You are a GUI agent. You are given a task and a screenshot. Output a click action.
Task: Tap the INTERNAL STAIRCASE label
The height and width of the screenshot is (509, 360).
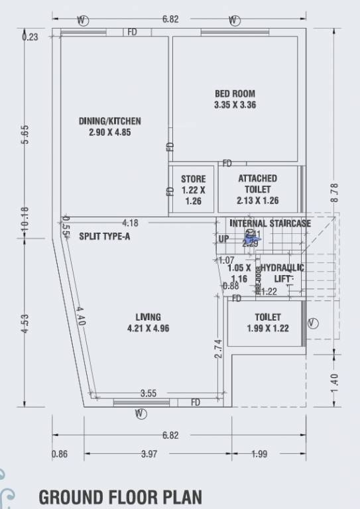click(270, 223)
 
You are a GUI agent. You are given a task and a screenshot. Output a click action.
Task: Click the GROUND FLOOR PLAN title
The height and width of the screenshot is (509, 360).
click(120, 496)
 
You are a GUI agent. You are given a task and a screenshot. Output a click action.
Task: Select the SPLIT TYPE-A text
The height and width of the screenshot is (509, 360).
click(105, 236)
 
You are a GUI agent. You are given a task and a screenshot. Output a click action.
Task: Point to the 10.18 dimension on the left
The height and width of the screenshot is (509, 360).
click(25, 219)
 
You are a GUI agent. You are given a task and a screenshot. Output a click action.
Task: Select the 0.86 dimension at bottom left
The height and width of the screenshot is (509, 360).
click(60, 454)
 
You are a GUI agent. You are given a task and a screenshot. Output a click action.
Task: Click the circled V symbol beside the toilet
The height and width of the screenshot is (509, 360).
click(313, 323)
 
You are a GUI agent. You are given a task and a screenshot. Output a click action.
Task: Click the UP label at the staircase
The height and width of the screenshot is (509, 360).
click(223, 239)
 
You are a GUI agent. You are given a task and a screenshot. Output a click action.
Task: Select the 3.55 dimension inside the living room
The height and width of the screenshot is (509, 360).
click(149, 393)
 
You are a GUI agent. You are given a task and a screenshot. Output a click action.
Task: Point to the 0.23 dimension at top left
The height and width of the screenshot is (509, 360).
click(30, 37)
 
